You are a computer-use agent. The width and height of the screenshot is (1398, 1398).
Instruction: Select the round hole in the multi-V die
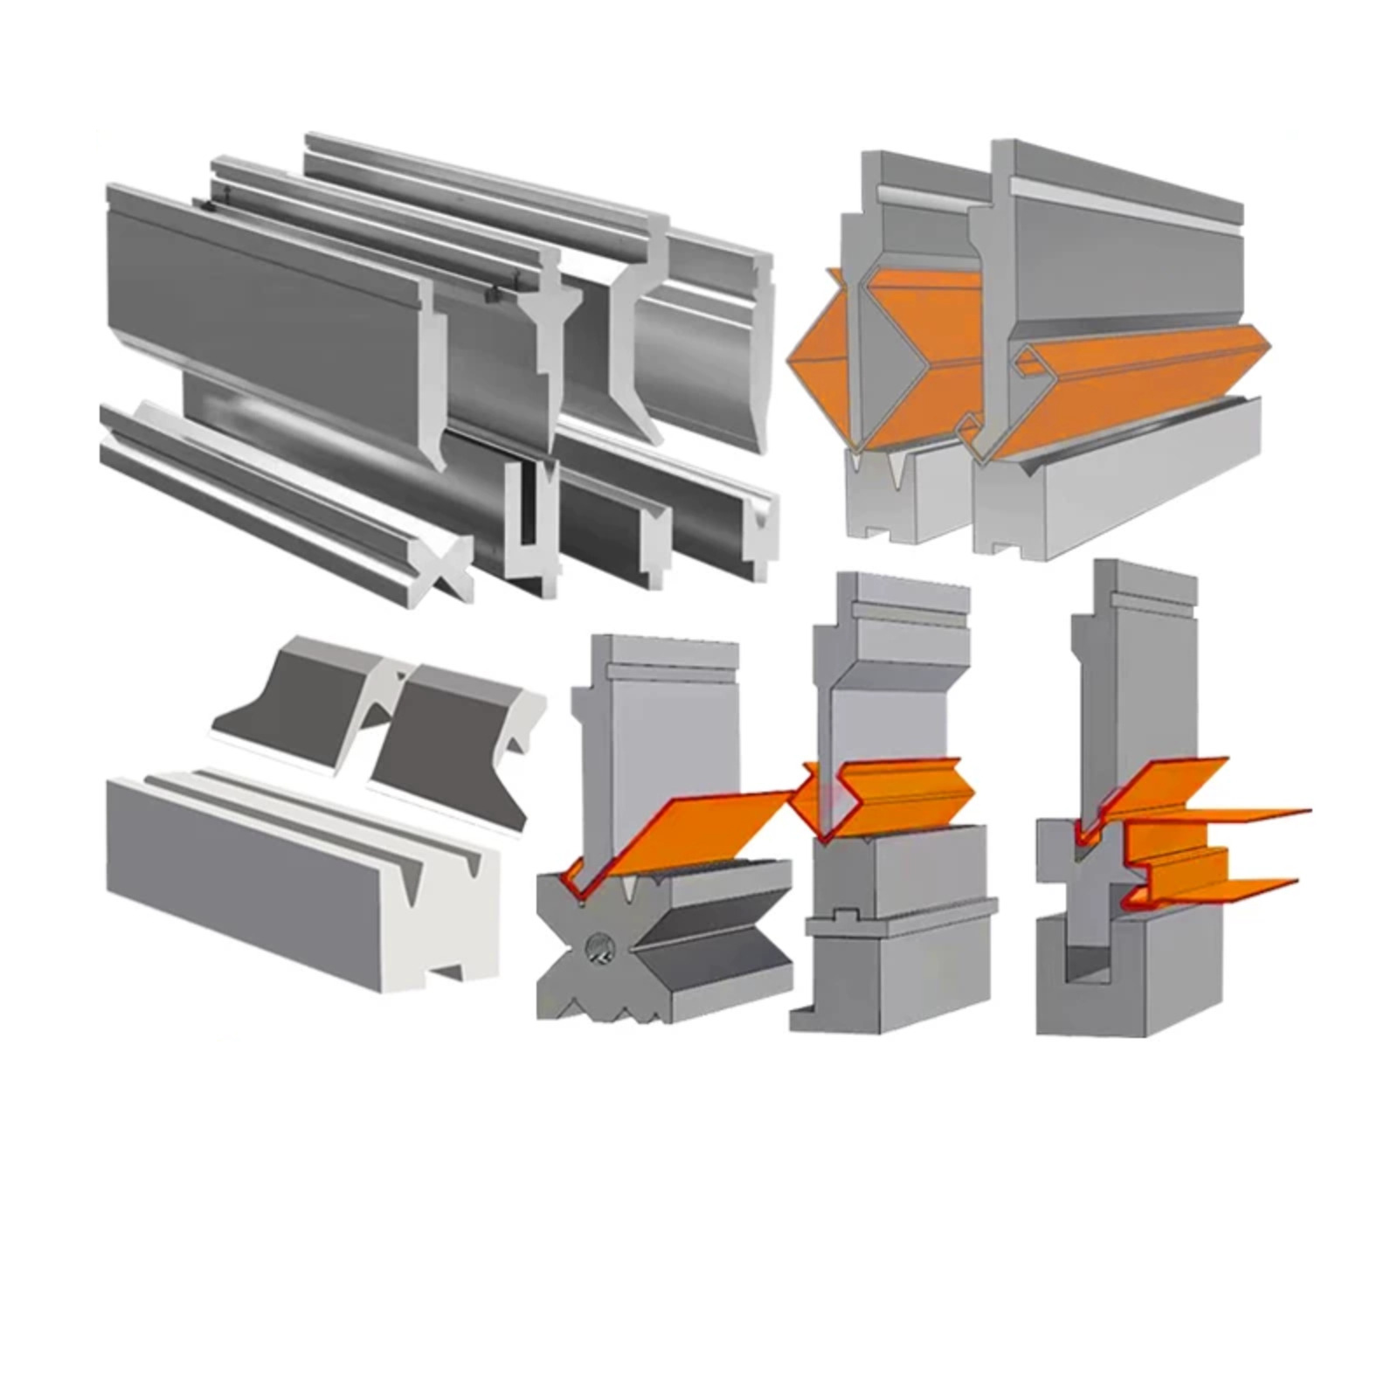pos(599,947)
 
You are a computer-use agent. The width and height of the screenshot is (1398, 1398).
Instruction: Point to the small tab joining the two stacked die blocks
pos(843,915)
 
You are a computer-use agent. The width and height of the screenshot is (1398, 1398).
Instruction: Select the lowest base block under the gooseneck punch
pos(900,970)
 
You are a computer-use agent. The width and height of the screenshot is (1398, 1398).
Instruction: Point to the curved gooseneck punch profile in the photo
pos(638,349)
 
